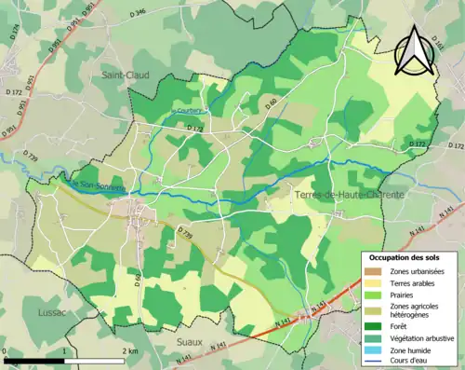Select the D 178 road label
point(194,127)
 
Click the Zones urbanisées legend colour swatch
point(372,270)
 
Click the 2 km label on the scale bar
point(130,351)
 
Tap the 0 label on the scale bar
point(6,351)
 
